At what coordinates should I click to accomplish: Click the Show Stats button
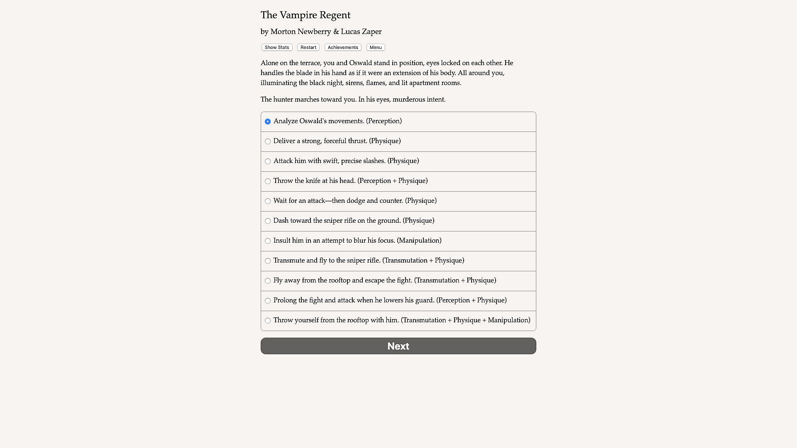point(277,47)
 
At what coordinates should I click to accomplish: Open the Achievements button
point(343,47)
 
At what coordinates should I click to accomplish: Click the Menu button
point(376,47)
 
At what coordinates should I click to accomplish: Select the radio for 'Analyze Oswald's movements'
point(268,122)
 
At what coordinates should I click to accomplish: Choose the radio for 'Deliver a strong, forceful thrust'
point(268,141)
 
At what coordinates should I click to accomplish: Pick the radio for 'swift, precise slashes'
point(268,161)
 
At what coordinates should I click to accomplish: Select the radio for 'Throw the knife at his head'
point(268,181)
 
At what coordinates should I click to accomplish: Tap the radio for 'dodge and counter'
point(268,201)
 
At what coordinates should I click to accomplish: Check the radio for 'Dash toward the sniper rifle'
point(268,221)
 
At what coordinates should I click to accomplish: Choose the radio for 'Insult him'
point(268,241)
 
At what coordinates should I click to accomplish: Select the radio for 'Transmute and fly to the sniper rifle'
point(268,261)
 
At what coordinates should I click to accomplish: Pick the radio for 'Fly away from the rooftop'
point(268,281)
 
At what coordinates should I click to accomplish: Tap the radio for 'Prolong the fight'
point(268,301)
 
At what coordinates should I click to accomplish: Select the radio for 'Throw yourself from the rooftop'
point(268,321)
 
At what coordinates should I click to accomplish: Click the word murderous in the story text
point(410,100)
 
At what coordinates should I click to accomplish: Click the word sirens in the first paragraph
point(354,83)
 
